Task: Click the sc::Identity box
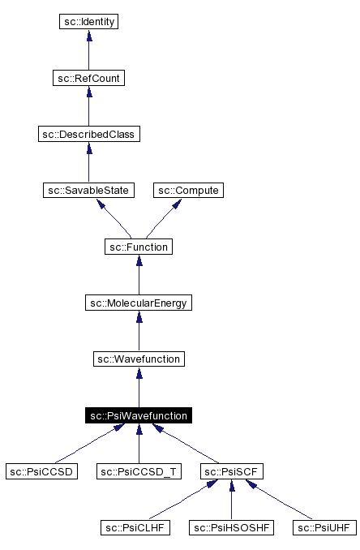89,22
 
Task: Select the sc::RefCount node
89,78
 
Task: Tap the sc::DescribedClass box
89,134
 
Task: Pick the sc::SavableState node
88,190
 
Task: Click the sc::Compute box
188,190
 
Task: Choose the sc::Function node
139,246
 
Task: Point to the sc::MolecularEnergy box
139,303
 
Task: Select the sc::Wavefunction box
139,359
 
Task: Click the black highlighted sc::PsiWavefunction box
139,415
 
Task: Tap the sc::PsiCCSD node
41,471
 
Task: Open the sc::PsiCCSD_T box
139,471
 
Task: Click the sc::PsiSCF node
232,471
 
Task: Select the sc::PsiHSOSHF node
232,528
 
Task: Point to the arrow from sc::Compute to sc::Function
163,218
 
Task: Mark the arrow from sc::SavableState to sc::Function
114,218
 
